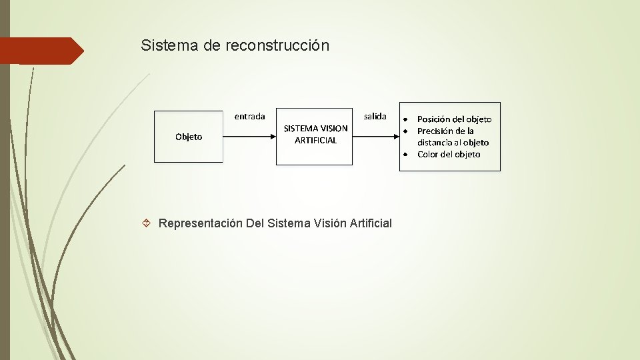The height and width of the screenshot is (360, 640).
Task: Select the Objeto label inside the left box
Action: click(x=189, y=137)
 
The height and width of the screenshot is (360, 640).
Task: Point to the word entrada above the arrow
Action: click(x=249, y=116)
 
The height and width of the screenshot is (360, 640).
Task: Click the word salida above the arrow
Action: click(x=375, y=116)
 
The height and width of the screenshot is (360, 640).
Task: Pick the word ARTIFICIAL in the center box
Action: click(x=315, y=141)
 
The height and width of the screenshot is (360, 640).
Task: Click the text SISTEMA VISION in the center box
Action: click(x=315, y=128)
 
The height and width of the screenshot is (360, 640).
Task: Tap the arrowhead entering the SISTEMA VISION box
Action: click(x=272, y=136)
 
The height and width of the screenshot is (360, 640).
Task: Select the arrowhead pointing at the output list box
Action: click(x=395, y=136)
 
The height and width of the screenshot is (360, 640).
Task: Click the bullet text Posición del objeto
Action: click(x=454, y=119)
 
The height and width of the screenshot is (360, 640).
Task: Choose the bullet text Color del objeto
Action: click(x=449, y=154)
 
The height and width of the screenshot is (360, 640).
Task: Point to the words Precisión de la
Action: click(x=445, y=131)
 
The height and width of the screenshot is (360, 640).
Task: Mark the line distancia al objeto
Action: click(x=453, y=143)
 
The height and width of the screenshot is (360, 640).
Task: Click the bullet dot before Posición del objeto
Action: click(x=405, y=119)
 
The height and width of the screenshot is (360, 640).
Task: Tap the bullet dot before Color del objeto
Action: click(x=405, y=154)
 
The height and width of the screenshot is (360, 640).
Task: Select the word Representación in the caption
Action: click(x=200, y=223)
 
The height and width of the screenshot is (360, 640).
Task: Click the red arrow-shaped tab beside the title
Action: click(x=41, y=51)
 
